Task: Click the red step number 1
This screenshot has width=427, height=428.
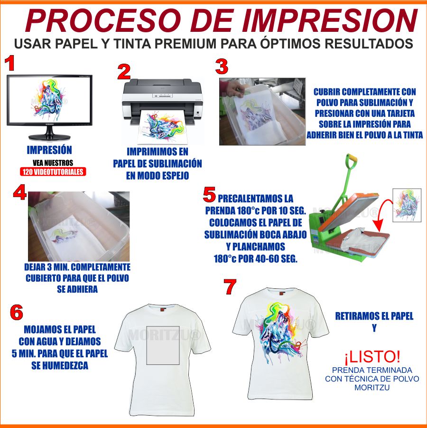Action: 10,63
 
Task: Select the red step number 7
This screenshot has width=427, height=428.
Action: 230,286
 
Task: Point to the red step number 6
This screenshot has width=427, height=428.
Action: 16,312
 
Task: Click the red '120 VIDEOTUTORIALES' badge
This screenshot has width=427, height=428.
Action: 53,171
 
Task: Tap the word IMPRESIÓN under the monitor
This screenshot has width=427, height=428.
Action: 49,150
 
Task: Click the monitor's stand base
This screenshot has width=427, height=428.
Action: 50,137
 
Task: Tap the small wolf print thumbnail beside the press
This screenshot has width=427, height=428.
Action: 407,205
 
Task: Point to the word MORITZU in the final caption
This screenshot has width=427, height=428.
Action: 372,387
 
